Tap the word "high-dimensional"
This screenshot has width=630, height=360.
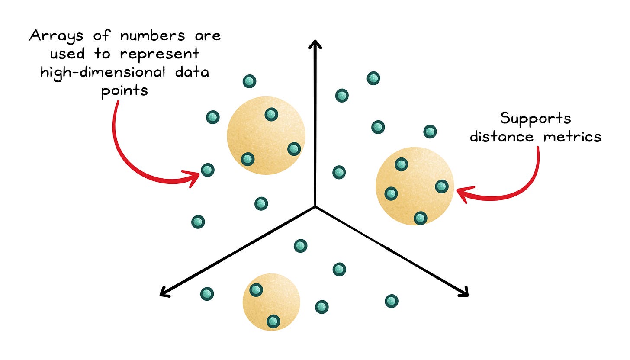point(103,72)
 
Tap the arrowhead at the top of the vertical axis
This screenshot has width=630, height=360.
point(315,44)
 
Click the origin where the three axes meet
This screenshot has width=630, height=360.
point(315,206)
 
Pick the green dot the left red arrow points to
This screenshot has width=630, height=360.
point(208,170)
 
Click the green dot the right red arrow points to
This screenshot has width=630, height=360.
point(441,186)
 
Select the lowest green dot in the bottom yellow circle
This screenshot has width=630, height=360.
point(273,321)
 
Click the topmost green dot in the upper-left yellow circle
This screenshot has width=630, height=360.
point(271,115)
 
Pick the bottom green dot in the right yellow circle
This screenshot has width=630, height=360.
point(420,218)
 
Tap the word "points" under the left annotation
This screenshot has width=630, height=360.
point(125,91)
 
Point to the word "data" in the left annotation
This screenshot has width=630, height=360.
point(193,72)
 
